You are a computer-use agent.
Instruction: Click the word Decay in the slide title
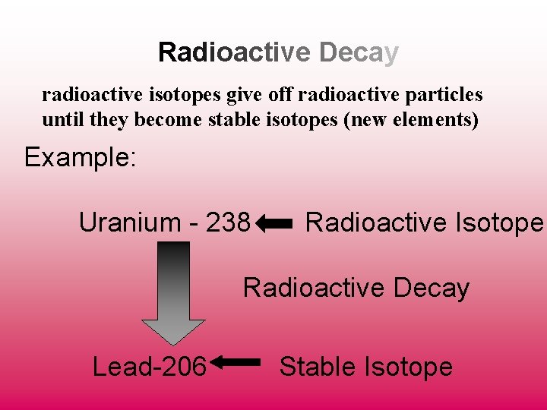359,52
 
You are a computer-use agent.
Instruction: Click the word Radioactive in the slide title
235,52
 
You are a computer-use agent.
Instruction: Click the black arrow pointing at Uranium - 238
274,223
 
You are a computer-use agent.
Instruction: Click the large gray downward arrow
174,292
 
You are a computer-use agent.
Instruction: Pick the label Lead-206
149,367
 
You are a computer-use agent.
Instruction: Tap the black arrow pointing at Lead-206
236,364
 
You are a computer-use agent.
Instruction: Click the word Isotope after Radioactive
499,222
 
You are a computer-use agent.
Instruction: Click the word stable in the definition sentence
231,120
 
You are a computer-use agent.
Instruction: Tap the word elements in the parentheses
435,120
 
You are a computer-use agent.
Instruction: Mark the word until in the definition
60,120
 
